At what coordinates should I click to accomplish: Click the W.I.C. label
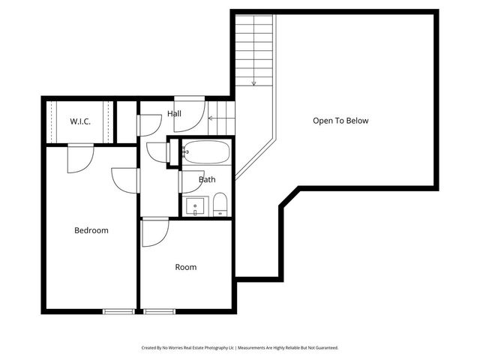(x=80, y=121)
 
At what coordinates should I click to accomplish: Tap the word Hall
(x=174, y=114)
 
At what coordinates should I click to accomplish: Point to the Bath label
(x=207, y=180)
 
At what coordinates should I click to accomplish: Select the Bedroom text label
(x=91, y=230)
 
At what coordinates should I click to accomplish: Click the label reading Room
(x=186, y=267)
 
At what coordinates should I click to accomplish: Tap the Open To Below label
(x=340, y=121)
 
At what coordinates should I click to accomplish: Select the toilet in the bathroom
(x=220, y=204)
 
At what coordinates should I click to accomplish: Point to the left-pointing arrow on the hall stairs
(x=212, y=118)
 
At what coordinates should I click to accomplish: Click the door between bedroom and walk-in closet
(x=79, y=157)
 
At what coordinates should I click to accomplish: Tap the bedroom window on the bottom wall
(x=119, y=310)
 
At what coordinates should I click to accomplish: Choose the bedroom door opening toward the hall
(x=126, y=179)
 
